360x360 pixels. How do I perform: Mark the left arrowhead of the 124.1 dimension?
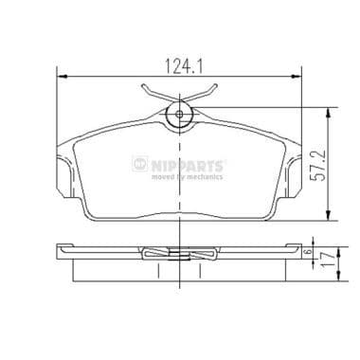coord(62,78)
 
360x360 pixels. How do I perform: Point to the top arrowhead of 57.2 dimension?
coord(327,110)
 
